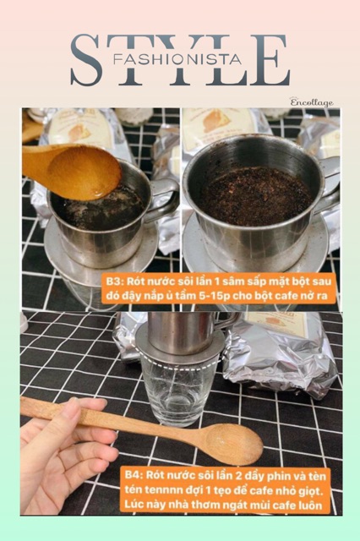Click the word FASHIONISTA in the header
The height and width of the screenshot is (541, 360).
point(180,59)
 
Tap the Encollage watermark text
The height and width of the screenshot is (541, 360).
point(312,102)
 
